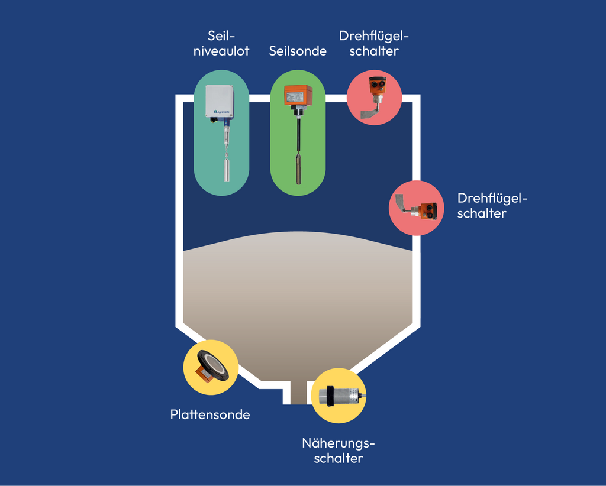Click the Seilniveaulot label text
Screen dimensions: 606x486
(221, 43)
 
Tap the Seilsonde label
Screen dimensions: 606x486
(298, 51)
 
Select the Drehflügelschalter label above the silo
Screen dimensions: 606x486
(374, 43)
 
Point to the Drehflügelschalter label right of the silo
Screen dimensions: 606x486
(492, 205)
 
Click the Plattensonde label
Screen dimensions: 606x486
(210, 414)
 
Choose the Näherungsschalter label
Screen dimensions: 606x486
(338, 451)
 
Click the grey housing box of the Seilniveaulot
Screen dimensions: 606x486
(220, 101)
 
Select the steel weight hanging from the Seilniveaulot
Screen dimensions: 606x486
(227, 170)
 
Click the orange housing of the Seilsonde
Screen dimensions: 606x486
(298, 95)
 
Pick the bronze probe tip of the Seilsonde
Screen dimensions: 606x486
(298, 168)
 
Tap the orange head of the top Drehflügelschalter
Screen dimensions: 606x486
(377, 85)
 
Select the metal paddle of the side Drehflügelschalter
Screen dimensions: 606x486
(401, 202)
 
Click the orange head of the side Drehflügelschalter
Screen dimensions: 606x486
(429, 210)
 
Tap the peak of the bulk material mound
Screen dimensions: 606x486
(298, 232)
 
